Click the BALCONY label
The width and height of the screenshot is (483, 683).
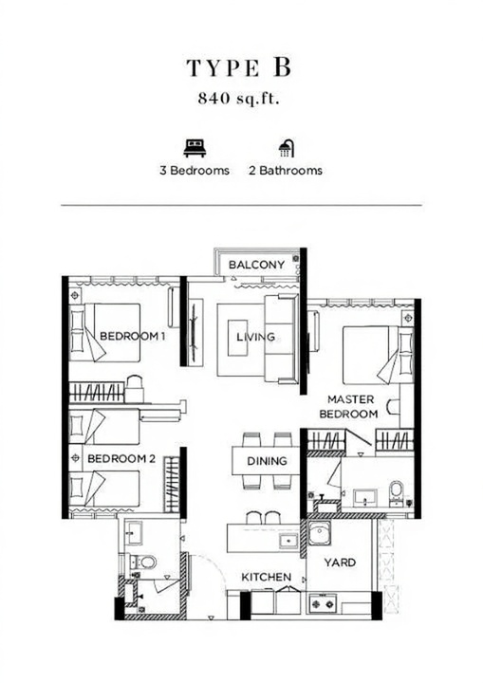pos(256,265)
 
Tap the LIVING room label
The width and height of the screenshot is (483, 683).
pos(256,337)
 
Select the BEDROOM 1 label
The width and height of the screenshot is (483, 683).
pos(133,336)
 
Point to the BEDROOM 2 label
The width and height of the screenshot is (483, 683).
pos(121,459)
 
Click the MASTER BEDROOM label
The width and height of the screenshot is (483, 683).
pos(349,406)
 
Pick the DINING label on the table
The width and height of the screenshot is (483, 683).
pos(267,461)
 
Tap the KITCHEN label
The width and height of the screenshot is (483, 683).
pos(267,577)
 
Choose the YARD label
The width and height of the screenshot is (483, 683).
pos(340,563)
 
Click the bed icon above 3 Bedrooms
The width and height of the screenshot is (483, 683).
pos(195,148)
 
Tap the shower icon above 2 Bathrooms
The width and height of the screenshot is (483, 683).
pos(287,149)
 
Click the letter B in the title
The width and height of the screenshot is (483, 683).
pos(282,67)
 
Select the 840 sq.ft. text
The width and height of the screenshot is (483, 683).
pos(238,99)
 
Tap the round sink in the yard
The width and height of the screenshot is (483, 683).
pos(320,533)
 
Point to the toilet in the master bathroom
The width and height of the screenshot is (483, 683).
pos(397,489)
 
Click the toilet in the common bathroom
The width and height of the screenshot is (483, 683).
pos(145,562)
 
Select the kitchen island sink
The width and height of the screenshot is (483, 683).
pos(288,541)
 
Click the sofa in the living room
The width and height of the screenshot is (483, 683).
pos(282,339)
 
